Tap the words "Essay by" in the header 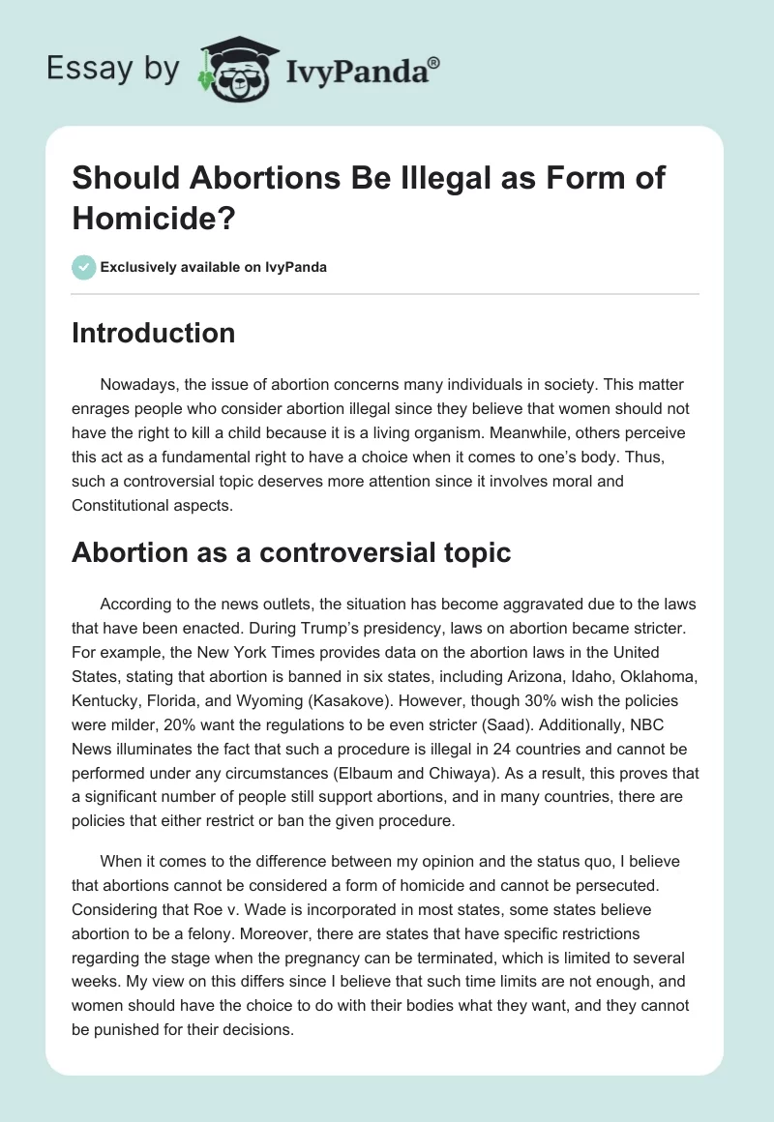coord(113,69)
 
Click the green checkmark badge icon coord(84,267)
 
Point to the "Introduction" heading coord(154,334)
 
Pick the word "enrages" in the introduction coord(106,409)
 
